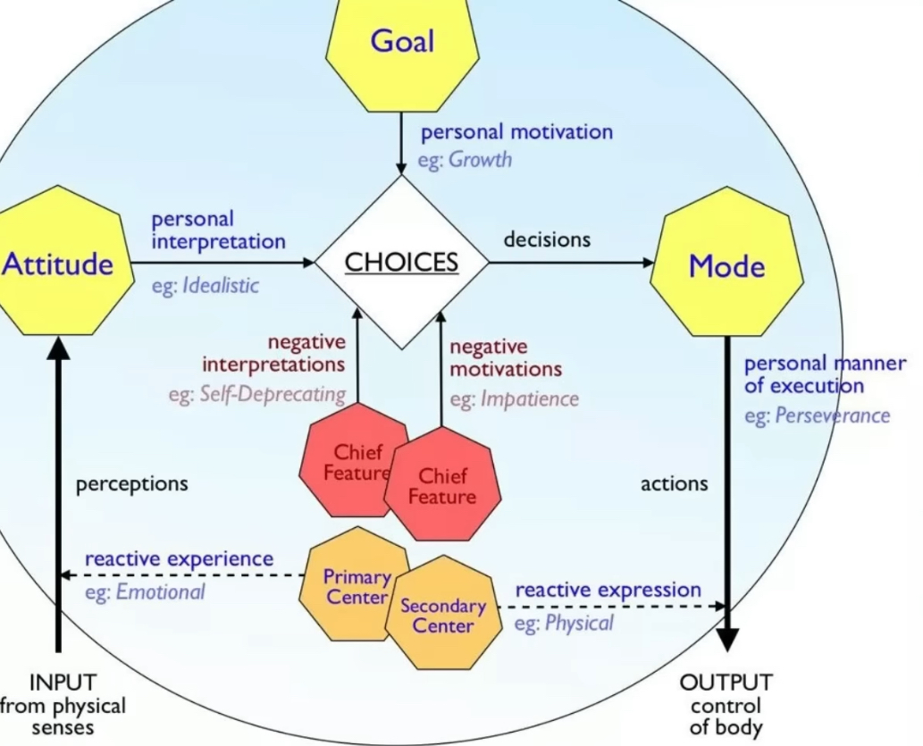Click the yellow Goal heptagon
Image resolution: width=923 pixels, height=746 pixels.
[x=403, y=41]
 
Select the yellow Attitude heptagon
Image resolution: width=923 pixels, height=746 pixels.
[x=59, y=264]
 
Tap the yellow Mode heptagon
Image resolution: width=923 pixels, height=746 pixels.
[x=726, y=265]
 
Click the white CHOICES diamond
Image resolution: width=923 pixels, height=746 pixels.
[x=401, y=262]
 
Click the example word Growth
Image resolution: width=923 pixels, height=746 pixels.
[x=480, y=160]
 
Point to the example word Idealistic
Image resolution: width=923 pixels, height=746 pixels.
[x=220, y=286]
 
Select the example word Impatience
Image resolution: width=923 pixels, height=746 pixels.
[x=529, y=398]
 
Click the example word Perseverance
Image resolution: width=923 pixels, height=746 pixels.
[x=832, y=415]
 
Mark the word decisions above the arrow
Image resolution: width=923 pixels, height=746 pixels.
[x=547, y=239]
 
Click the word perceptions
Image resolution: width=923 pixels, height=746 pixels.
[x=132, y=484]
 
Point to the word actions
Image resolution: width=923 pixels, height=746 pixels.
[x=674, y=484]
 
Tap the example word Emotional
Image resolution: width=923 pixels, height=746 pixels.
[x=160, y=591]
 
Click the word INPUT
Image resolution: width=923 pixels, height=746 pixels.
[x=63, y=683]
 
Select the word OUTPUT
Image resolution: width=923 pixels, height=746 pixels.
[x=726, y=683]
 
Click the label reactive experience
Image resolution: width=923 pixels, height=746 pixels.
[x=179, y=559]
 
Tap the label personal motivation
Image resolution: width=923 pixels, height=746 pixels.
[x=516, y=132]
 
